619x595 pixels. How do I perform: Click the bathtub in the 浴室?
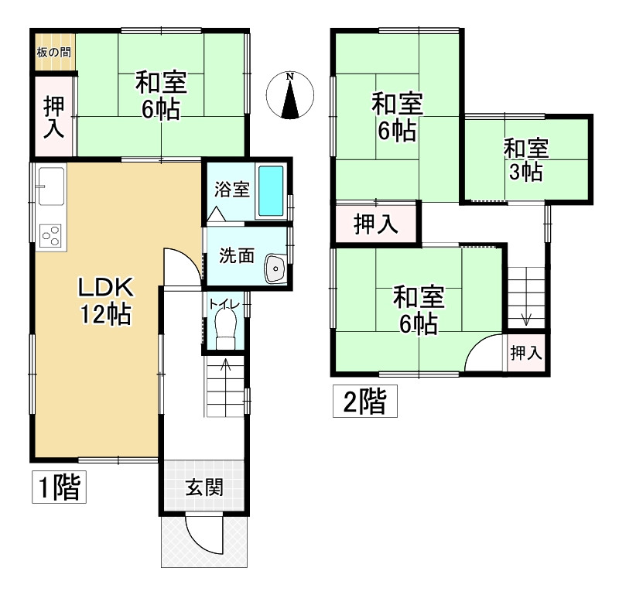(x=270, y=192)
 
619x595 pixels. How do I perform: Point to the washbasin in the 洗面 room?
(x=275, y=268)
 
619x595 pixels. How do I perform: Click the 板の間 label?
(x=53, y=53)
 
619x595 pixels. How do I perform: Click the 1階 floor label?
(x=59, y=487)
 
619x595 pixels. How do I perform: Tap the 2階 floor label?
(x=364, y=402)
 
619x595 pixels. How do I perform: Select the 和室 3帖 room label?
(x=526, y=159)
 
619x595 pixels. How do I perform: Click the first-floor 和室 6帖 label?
(x=160, y=95)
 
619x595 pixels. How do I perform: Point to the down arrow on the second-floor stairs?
(x=526, y=317)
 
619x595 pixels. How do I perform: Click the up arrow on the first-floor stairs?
(x=225, y=364)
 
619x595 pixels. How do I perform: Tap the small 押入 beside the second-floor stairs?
(x=526, y=354)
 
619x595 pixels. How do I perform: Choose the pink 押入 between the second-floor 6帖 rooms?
(x=376, y=224)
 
